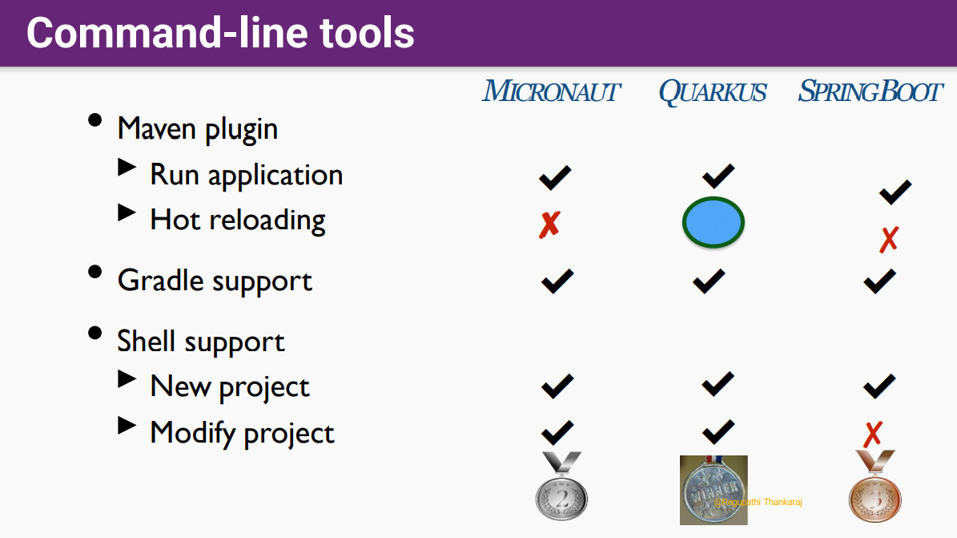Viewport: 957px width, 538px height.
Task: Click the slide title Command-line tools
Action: pos(220,33)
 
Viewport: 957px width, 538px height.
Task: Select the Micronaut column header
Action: pos(551,91)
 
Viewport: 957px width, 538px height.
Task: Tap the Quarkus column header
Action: pos(712,92)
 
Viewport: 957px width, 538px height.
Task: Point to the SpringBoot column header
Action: pos(871,91)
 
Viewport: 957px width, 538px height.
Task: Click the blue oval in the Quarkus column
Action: pos(713,223)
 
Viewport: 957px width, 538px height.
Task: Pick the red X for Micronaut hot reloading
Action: pos(549,225)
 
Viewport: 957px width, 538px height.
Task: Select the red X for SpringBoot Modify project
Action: pos(873,435)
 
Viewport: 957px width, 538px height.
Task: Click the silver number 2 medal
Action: pos(561,486)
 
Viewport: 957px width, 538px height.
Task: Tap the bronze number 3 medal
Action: pos(875,486)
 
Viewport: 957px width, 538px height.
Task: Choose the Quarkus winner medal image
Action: pos(714,490)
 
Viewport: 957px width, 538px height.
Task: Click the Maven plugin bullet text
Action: pos(198,129)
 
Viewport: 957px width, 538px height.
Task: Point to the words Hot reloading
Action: pos(238,220)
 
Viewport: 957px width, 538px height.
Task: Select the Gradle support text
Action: pos(215,281)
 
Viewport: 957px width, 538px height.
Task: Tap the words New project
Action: pos(230,387)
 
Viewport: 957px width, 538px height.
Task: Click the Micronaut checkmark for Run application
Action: pos(555,178)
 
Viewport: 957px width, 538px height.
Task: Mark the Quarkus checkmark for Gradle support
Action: pos(709,281)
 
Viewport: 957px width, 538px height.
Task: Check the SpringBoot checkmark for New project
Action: pos(879,386)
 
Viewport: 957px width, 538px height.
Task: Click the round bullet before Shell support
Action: pos(94,334)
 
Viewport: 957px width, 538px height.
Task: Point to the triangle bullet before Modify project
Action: pos(127,425)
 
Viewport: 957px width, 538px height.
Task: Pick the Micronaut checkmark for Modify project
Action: pos(557,432)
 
